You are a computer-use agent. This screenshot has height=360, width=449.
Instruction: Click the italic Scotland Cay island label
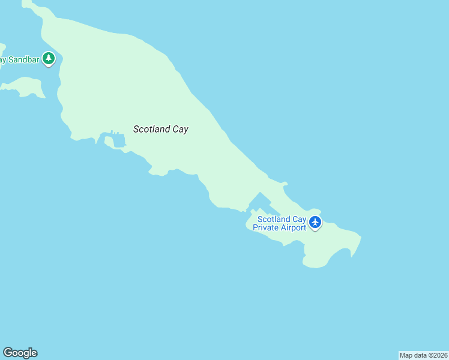[x=160, y=129]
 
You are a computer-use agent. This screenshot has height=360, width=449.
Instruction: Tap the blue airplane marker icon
[x=315, y=223]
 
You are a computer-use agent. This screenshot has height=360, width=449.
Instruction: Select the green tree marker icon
[x=49, y=59]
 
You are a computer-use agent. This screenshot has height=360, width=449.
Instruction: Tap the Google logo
[x=20, y=353]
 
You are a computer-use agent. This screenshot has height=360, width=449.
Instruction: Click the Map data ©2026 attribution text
[x=423, y=355]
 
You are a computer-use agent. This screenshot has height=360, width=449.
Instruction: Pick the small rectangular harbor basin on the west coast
[x=118, y=141]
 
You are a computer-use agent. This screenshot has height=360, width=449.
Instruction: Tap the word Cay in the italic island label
[x=180, y=129]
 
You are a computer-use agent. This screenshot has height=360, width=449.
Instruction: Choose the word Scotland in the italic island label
[x=152, y=129]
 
